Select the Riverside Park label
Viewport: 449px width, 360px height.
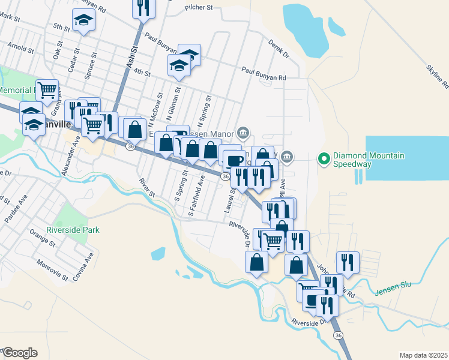click(73, 230)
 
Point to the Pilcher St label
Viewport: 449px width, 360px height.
click(199, 8)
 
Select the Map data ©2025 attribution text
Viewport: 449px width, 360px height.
click(423, 355)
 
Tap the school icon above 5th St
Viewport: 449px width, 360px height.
click(83, 21)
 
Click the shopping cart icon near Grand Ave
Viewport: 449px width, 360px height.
click(47, 91)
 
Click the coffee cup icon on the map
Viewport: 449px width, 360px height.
click(234, 160)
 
